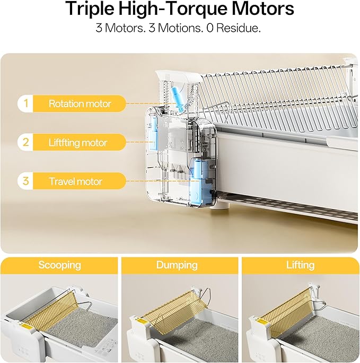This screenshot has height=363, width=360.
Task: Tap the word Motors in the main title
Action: click(x=263, y=8)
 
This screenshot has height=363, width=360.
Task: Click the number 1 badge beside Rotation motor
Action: click(x=26, y=103)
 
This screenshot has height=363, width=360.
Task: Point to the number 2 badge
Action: click(x=26, y=142)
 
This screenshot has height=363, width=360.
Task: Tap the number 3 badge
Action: click(x=26, y=181)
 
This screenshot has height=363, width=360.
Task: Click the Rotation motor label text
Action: click(x=80, y=103)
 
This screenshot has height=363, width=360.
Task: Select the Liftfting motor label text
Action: click(x=78, y=142)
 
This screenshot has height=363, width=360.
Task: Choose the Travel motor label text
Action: click(x=76, y=181)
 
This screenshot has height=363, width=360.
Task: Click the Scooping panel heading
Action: click(x=60, y=265)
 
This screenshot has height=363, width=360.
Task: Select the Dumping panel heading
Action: click(x=177, y=265)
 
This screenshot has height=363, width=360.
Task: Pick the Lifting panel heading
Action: click(x=300, y=265)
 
